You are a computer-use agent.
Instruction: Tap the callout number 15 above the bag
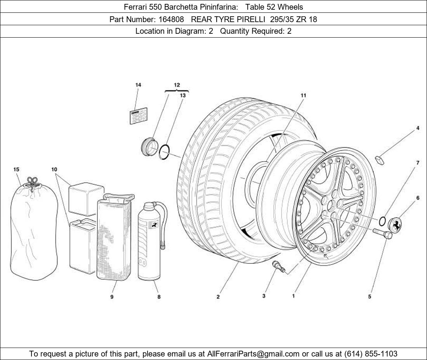tap(16, 170)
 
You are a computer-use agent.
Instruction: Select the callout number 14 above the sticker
tap(138, 85)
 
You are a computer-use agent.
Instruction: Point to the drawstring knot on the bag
tap(33, 182)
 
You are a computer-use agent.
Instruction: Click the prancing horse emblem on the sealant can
tap(154, 224)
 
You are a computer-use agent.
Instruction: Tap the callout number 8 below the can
tap(159, 297)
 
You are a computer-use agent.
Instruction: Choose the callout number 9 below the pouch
tap(112, 297)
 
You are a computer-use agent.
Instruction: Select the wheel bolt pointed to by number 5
tap(383, 233)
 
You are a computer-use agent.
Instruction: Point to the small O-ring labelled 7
tap(382, 222)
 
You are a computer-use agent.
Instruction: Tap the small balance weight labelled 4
tap(379, 159)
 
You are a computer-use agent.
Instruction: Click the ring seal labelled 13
tap(165, 151)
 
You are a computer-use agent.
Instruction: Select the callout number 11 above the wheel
tap(303, 95)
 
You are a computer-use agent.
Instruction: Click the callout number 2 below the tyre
tap(218, 297)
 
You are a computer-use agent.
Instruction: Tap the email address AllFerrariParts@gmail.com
tap(253, 354)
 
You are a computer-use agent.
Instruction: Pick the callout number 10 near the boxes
tap(54, 170)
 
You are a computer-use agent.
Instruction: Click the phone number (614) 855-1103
tap(371, 354)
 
